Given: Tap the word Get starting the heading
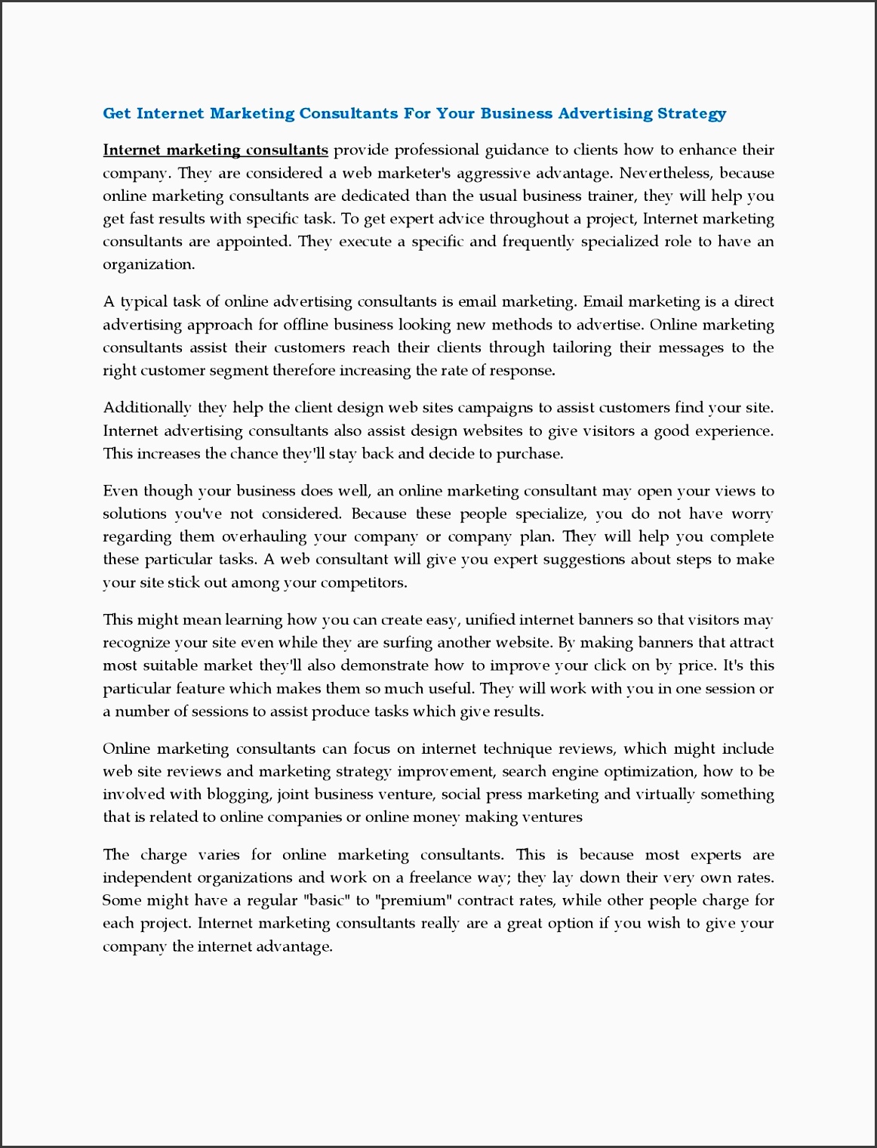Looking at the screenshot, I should coord(117,113).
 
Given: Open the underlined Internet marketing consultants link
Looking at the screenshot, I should coord(215,150).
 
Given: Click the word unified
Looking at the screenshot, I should coord(490,620).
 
